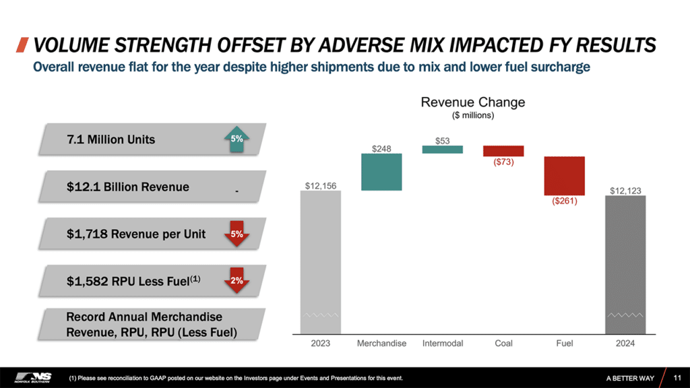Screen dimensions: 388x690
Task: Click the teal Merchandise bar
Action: click(381, 172)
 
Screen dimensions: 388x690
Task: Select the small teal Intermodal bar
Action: click(443, 150)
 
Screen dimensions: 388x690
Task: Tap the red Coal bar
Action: click(503, 150)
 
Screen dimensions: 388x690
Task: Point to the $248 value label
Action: click(381, 148)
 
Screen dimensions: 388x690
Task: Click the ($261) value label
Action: click(564, 201)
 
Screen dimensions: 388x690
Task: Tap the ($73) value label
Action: click(503, 162)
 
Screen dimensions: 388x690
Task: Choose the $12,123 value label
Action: click(625, 191)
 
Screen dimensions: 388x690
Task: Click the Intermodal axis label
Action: click(443, 344)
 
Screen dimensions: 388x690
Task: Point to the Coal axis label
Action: click(503, 344)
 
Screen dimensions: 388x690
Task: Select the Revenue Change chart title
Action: click(472, 102)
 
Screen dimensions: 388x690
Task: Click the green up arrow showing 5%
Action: click(237, 139)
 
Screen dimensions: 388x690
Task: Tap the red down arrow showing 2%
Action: click(237, 282)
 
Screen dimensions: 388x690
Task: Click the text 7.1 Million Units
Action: click(111, 139)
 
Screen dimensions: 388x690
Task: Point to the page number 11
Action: click(677, 378)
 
